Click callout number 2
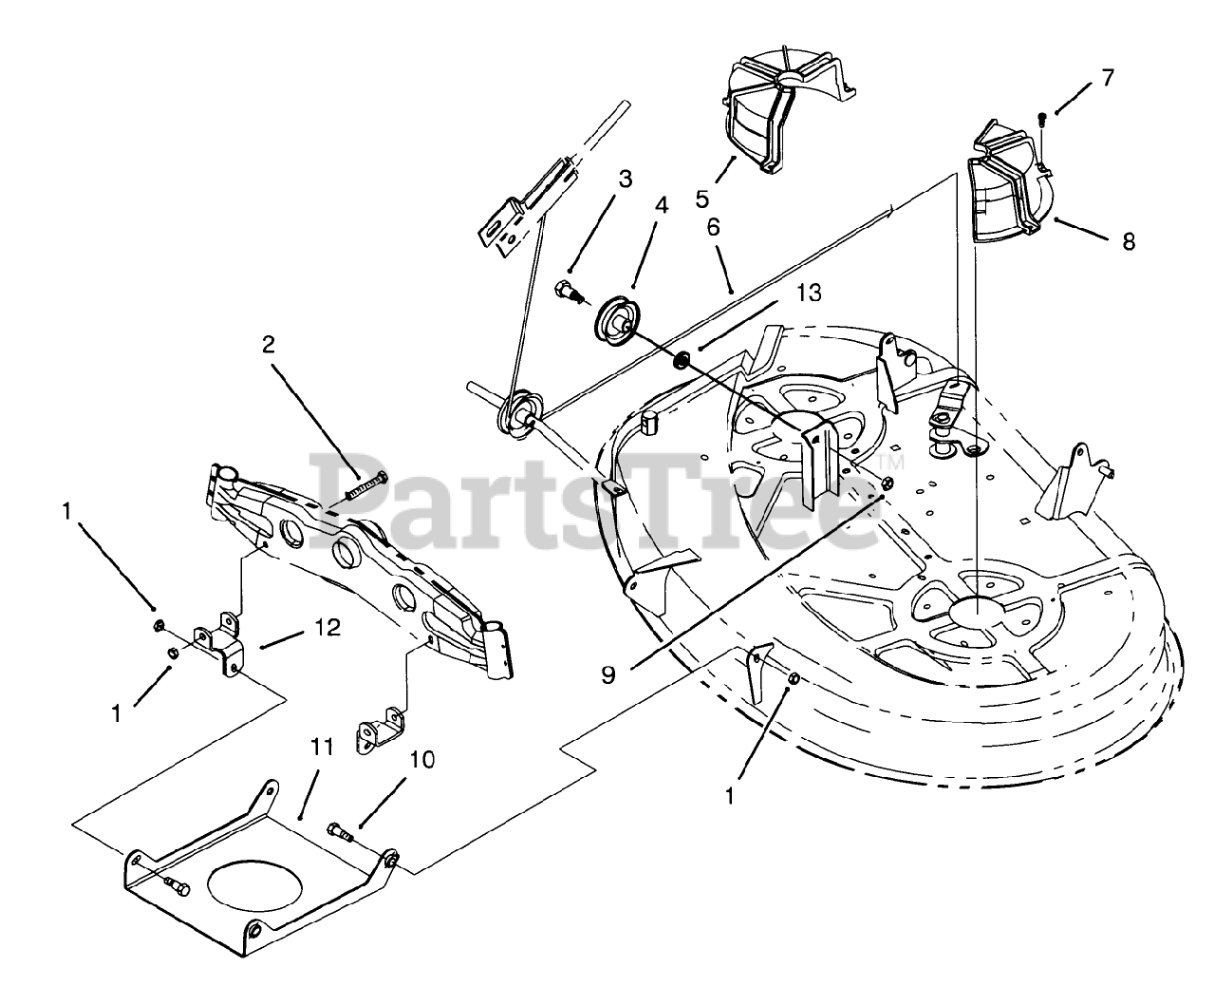pyautogui.click(x=269, y=345)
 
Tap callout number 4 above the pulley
pyautogui.click(x=662, y=205)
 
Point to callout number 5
pyautogui.click(x=702, y=199)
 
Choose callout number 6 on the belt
pyautogui.click(x=713, y=228)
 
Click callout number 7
pyautogui.click(x=1108, y=78)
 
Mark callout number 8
pyautogui.click(x=1128, y=241)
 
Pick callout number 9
pyautogui.click(x=608, y=673)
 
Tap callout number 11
pyautogui.click(x=323, y=748)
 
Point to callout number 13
pyautogui.click(x=808, y=293)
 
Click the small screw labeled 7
pyautogui.click(x=1042, y=118)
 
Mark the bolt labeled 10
pyautogui.click(x=342, y=830)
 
